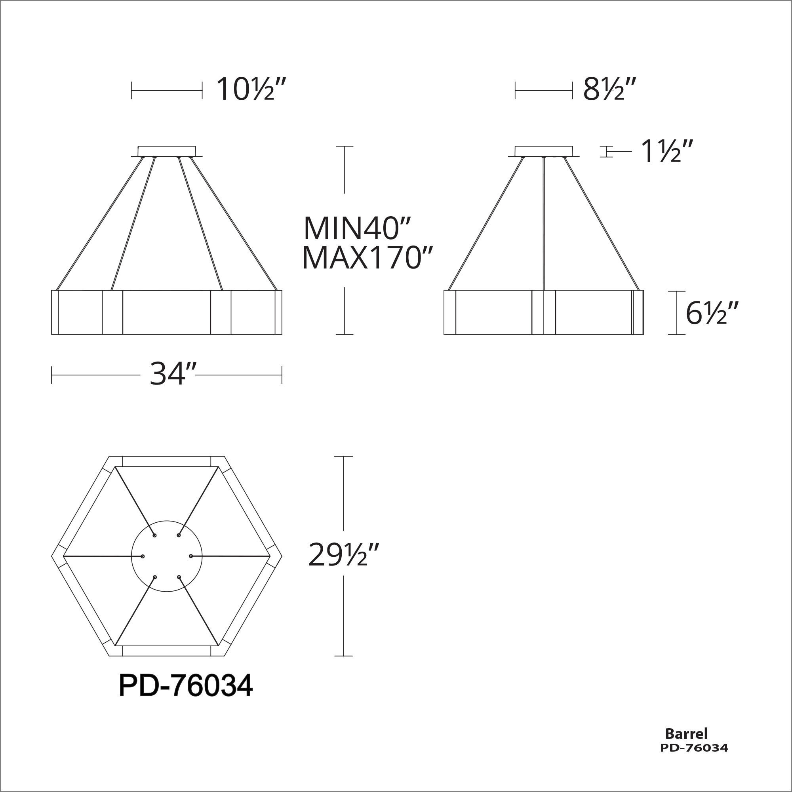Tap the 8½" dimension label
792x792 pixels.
click(x=609, y=89)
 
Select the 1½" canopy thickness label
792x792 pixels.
click(x=667, y=151)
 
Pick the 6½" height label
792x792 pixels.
click(x=712, y=313)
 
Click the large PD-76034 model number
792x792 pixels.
click(x=185, y=686)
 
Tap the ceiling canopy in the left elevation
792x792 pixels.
click(x=166, y=151)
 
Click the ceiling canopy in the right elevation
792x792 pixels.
click(x=544, y=151)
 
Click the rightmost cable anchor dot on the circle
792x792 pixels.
click(x=191, y=556)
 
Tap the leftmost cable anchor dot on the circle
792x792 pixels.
click(x=143, y=556)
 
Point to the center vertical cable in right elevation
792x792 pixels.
click(x=543, y=223)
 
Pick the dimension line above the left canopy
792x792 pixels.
click(x=166, y=90)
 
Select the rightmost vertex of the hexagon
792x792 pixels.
click(x=282, y=556)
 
